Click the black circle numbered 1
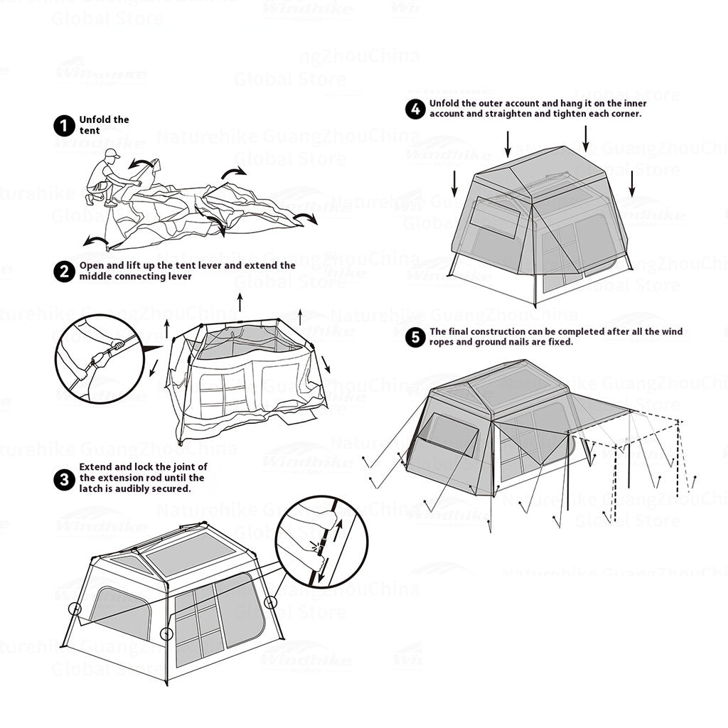pos(64,126)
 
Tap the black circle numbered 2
pos(64,271)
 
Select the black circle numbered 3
pos(64,478)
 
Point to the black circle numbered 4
pos(415,109)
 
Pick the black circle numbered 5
pos(415,337)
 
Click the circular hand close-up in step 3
pos(321,542)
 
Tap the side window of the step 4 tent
pos(496,218)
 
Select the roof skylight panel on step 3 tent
pos(190,554)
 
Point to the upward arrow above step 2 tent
pos(240,301)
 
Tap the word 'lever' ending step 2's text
pos(178,276)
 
